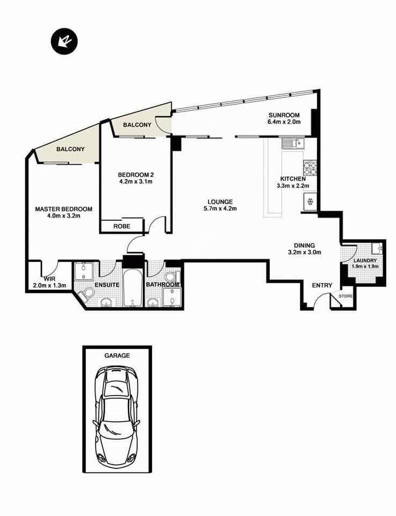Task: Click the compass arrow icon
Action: pyautogui.click(x=64, y=41)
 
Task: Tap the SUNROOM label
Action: pyautogui.click(x=284, y=115)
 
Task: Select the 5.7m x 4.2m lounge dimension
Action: pyautogui.click(x=220, y=209)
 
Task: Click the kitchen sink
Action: pyautogui.click(x=293, y=143)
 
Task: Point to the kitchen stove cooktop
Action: pyautogui.click(x=311, y=168)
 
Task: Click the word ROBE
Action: pyautogui.click(x=121, y=226)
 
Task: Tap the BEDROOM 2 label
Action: pyautogui.click(x=136, y=174)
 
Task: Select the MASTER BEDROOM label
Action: pyautogui.click(x=63, y=209)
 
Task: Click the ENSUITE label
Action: pyautogui.click(x=107, y=284)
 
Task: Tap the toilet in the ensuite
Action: pyautogui.click(x=88, y=293)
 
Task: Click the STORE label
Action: pyautogui.click(x=345, y=296)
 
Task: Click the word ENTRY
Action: pyautogui.click(x=322, y=285)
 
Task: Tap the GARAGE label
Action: pyautogui.click(x=117, y=355)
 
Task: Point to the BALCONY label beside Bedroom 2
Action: pyautogui.click(x=137, y=125)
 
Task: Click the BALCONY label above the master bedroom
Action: pyautogui.click(x=70, y=149)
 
